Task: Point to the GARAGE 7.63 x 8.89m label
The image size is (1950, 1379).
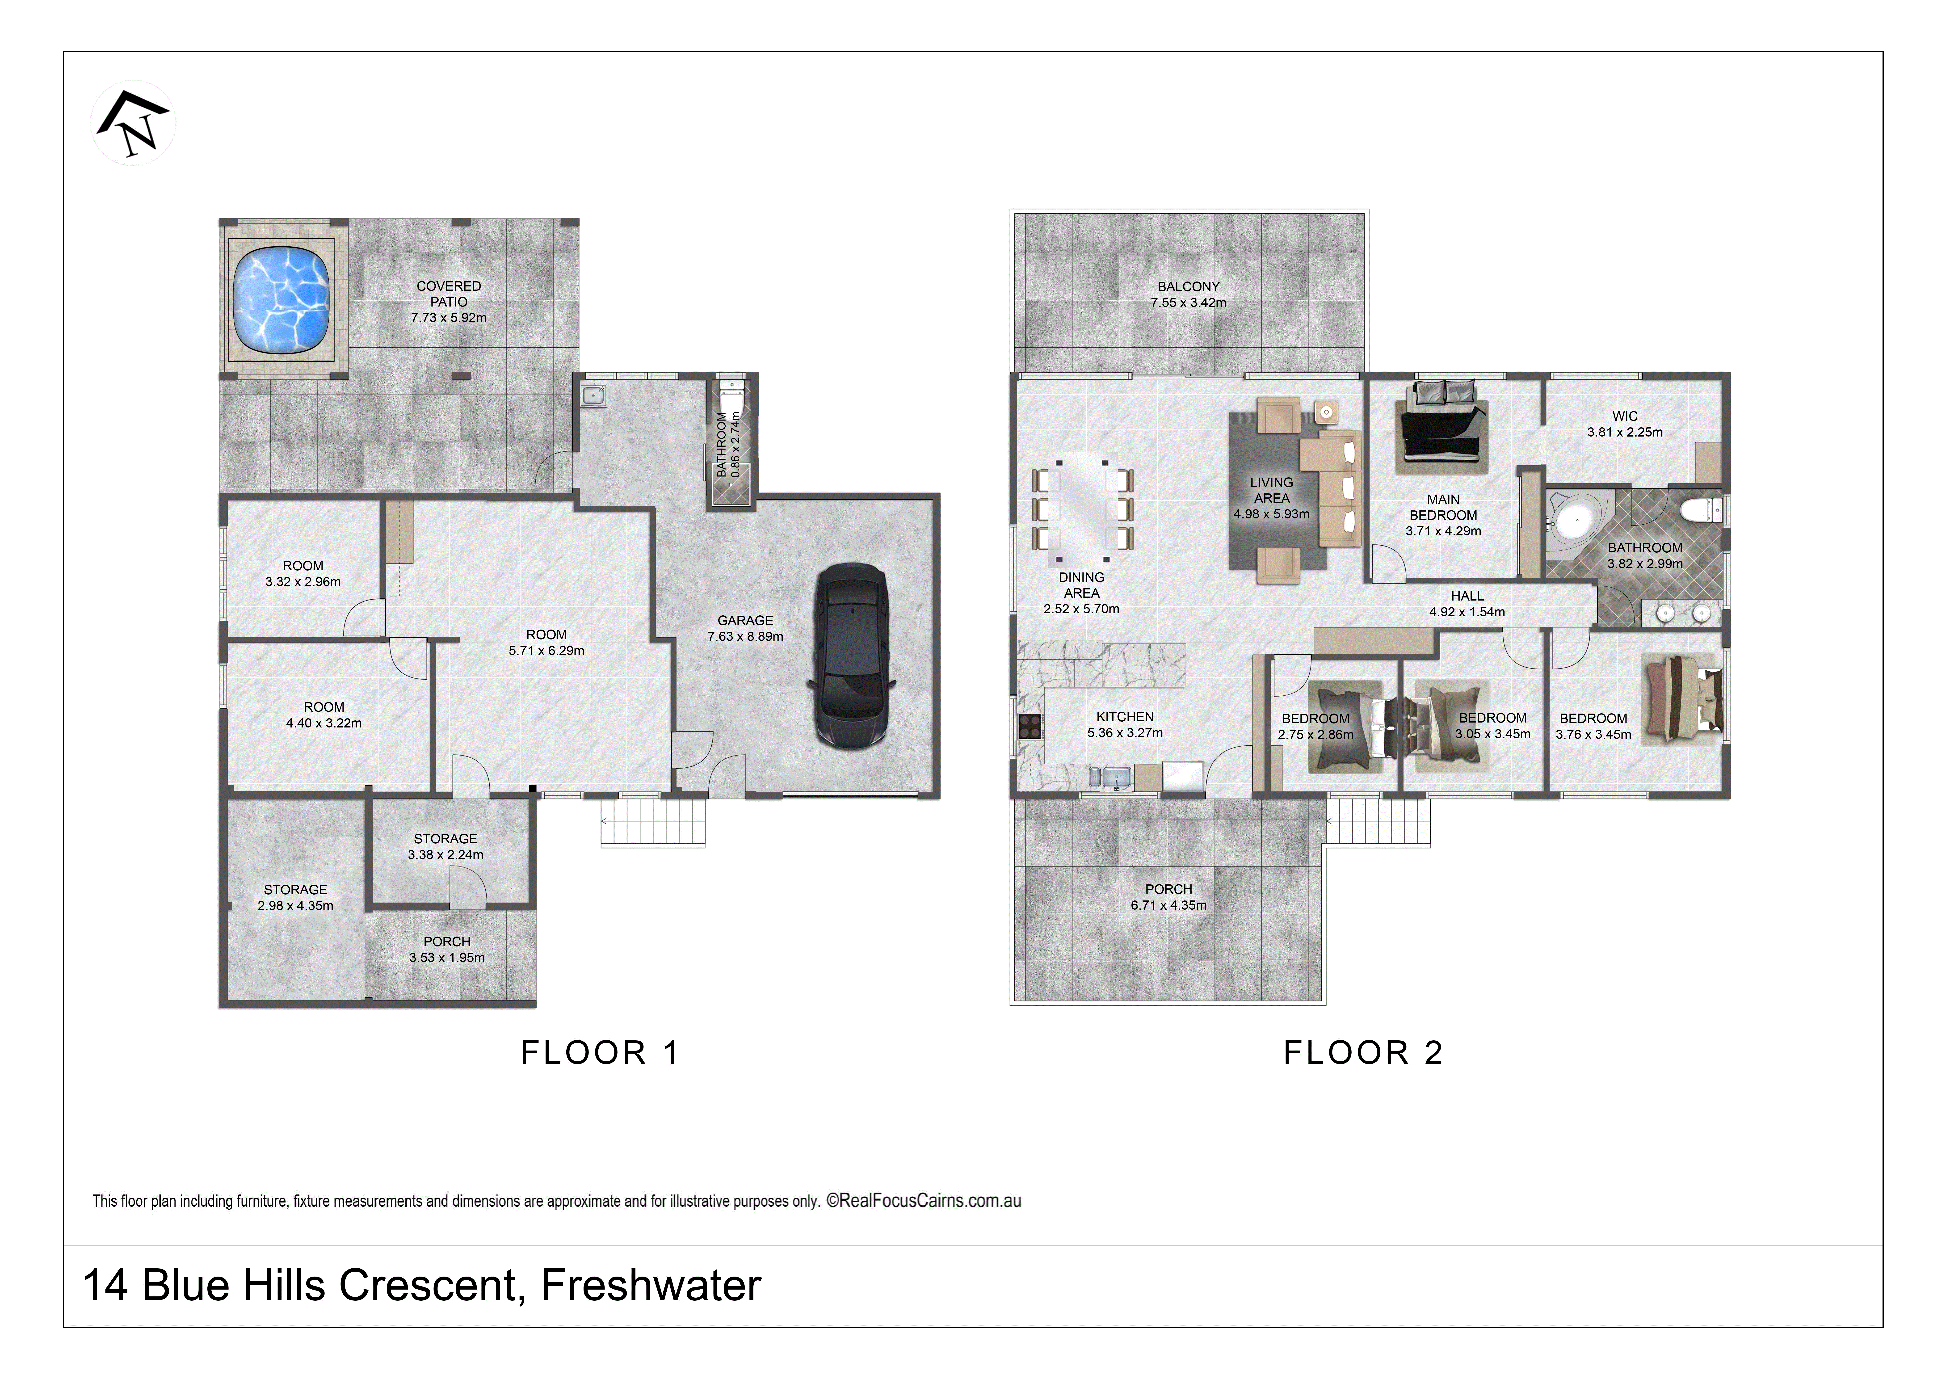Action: (x=745, y=628)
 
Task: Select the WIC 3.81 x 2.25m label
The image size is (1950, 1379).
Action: (x=1625, y=424)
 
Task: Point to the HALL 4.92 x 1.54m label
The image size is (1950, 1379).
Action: (x=1467, y=604)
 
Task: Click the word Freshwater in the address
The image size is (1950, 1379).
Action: (x=651, y=1285)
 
